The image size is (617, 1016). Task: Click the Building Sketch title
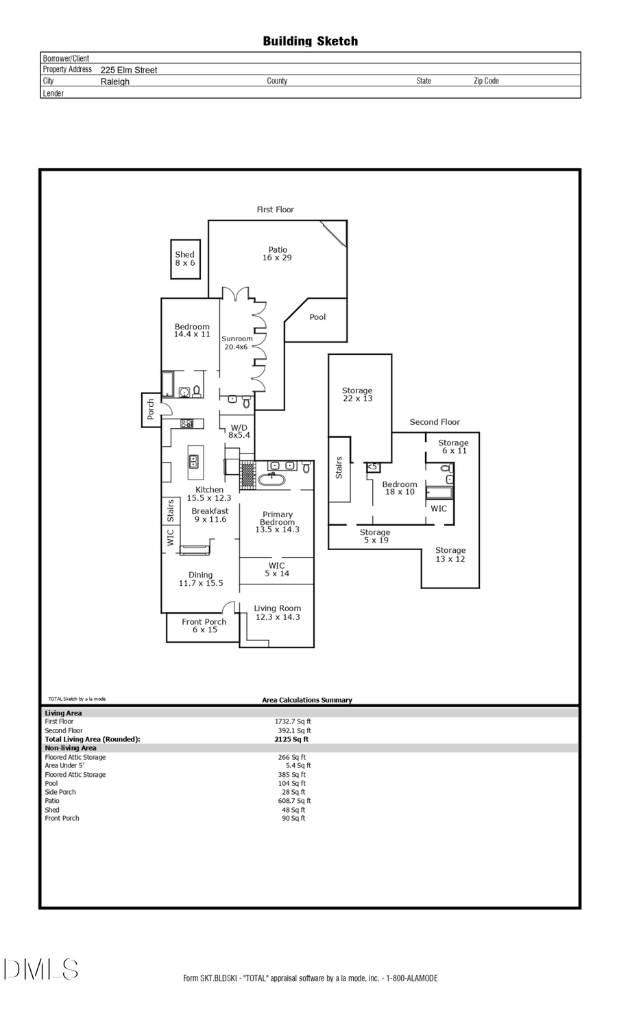point(310,41)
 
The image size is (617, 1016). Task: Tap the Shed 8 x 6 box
point(185,259)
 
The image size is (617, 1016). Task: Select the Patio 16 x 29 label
point(277,253)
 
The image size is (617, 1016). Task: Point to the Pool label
point(317,317)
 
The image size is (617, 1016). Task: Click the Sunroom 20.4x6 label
point(237,343)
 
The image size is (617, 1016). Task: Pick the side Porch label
point(151,410)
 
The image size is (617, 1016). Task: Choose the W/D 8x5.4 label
point(239,431)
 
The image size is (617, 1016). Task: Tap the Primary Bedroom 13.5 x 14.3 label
point(277,522)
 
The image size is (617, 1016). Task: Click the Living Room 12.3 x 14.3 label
point(277,612)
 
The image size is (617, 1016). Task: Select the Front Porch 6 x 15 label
point(204,625)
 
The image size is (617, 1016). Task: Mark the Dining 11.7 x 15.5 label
point(201,579)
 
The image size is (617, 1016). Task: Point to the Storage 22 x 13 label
point(357,394)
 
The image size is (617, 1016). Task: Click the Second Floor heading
point(435,422)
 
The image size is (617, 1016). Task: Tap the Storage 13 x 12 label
point(450,554)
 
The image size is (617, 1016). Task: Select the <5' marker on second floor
point(372,467)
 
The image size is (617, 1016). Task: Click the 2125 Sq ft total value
point(292,739)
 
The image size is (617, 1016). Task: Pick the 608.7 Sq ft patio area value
point(293,801)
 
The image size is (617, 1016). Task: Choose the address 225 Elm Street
point(129,70)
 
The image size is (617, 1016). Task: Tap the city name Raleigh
point(114,82)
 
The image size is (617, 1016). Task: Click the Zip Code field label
point(486,81)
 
